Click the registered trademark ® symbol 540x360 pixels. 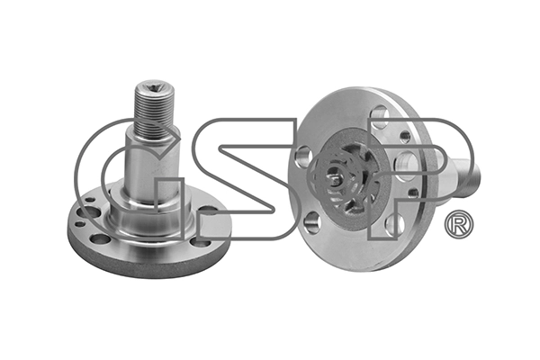[459, 224]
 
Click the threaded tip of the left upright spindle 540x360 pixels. [153, 109]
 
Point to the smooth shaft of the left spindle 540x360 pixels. [153, 162]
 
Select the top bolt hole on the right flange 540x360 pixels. [380, 114]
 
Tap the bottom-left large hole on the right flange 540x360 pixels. [311, 221]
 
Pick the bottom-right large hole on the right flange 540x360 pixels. [393, 224]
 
